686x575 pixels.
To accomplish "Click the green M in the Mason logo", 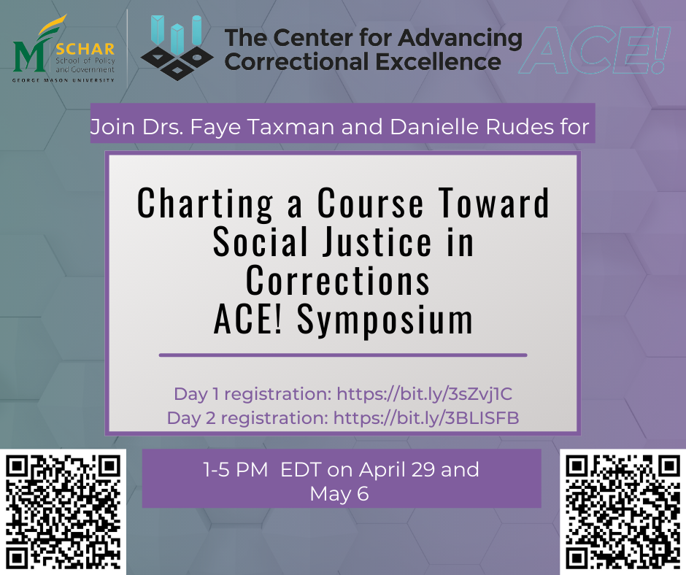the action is coord(29,56).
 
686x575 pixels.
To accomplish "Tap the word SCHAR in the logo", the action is coord(85,49).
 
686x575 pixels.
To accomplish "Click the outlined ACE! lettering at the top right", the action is coord(595,50).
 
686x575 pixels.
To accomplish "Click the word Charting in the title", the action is coord(205,204).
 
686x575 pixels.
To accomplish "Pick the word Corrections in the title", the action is coord(338,280).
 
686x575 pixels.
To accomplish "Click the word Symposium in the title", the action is coord(385,320).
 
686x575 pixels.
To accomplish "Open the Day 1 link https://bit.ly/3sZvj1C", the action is coord(425,394).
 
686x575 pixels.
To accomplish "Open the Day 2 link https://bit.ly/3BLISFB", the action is coord(426,418).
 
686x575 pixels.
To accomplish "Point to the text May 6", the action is coord(339,494).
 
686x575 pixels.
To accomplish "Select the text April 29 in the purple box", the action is coord(397,470).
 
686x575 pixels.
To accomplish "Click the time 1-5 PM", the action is coord(236,470).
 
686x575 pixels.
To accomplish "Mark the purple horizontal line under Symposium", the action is coord(343,355).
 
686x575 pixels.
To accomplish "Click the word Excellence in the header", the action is coord(438,62).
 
